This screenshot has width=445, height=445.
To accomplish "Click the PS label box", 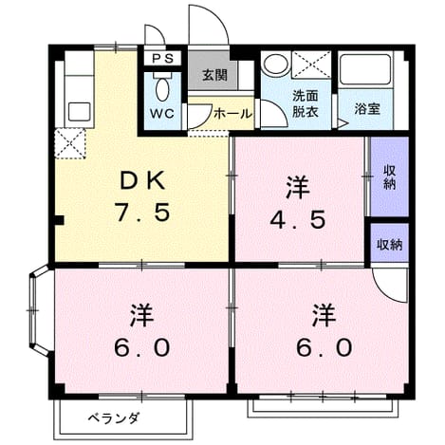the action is [x=162, y=58].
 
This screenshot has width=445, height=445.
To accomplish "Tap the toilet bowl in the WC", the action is [x=162, y=89].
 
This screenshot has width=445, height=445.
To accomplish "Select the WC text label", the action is [x=162, y=113].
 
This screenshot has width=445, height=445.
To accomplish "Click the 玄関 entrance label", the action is [x=215, y=75].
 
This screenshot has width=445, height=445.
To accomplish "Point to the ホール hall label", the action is [x=233, y=114].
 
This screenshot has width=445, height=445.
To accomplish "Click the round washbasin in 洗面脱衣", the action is [x=275, y=65].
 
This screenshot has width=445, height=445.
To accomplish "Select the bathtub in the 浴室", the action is [x=365, y=69].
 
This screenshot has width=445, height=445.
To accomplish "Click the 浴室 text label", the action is [x=367, y=109].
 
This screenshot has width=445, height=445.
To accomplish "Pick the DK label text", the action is [x=143, y=181].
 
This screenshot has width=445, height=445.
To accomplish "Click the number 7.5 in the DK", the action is [x=142, y=212].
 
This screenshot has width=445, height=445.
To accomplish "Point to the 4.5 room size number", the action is [x=298, y=219].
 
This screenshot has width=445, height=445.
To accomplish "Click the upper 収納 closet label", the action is [x=389, y=177].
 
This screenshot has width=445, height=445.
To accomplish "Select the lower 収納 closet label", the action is [x=389, y=244].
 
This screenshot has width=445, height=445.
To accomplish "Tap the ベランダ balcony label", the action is [x=113, y=418].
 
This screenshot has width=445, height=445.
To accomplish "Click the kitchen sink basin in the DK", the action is [x=79, y=111].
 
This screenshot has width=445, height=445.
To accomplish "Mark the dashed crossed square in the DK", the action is [x=70, y=143].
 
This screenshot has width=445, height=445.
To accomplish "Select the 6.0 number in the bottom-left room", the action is [x=142, y=347].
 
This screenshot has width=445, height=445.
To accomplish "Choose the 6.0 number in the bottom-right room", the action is [x=324, y=347].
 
